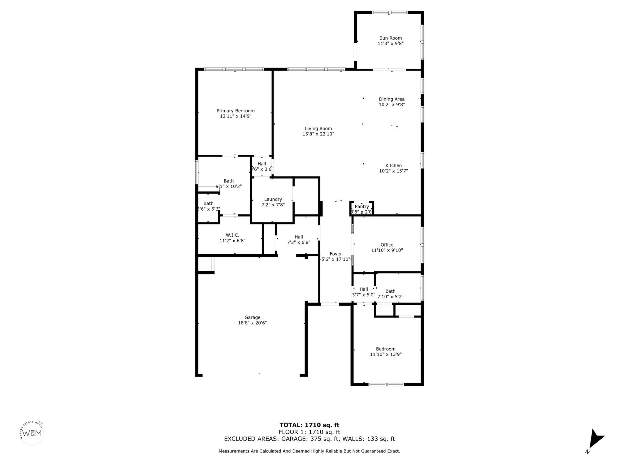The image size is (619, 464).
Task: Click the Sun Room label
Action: pyautogui.click(x=391, y=38)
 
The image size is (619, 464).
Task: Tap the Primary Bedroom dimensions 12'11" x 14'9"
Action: pyautogui.click(x=236, y=116)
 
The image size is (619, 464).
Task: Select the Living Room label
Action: pyautogui.click(x=318, y=129)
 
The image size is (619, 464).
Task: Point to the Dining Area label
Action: pyautogui.click(x=392, y=99)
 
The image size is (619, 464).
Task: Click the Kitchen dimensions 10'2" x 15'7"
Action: pyautogui.click(x=393, y=171)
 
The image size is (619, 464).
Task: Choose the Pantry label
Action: pyautogui.click(x=362, y=207)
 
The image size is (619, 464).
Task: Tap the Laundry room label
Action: pyautogui.click(x=273, y=200)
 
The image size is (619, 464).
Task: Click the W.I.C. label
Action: pyautogui.click(x=232, y=235)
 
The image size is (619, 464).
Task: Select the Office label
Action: pyautogui.click(x=387, y=245)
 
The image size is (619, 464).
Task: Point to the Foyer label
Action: pyautogui.click(x=336, y=254)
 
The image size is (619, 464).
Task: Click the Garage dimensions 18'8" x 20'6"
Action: pyautogui.click(x=252, y=323)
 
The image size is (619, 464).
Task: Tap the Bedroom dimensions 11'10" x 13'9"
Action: pyautogui.click(x=386, y=354)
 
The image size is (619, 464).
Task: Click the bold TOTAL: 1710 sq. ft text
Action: pyautogui.click(x=309, y=425)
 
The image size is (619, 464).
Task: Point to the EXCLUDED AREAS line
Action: pyautogui.click(x=309, y=439)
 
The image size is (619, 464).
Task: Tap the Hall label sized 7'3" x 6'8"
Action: pyautogui.click(x=299, y=237)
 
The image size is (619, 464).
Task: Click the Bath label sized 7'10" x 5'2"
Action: pyautogui.click(x=390, y=291)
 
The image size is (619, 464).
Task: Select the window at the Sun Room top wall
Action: pyautogui.click(x=390, y=13)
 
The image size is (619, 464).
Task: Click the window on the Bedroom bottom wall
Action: pyautogui.click(x=386, y=385)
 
